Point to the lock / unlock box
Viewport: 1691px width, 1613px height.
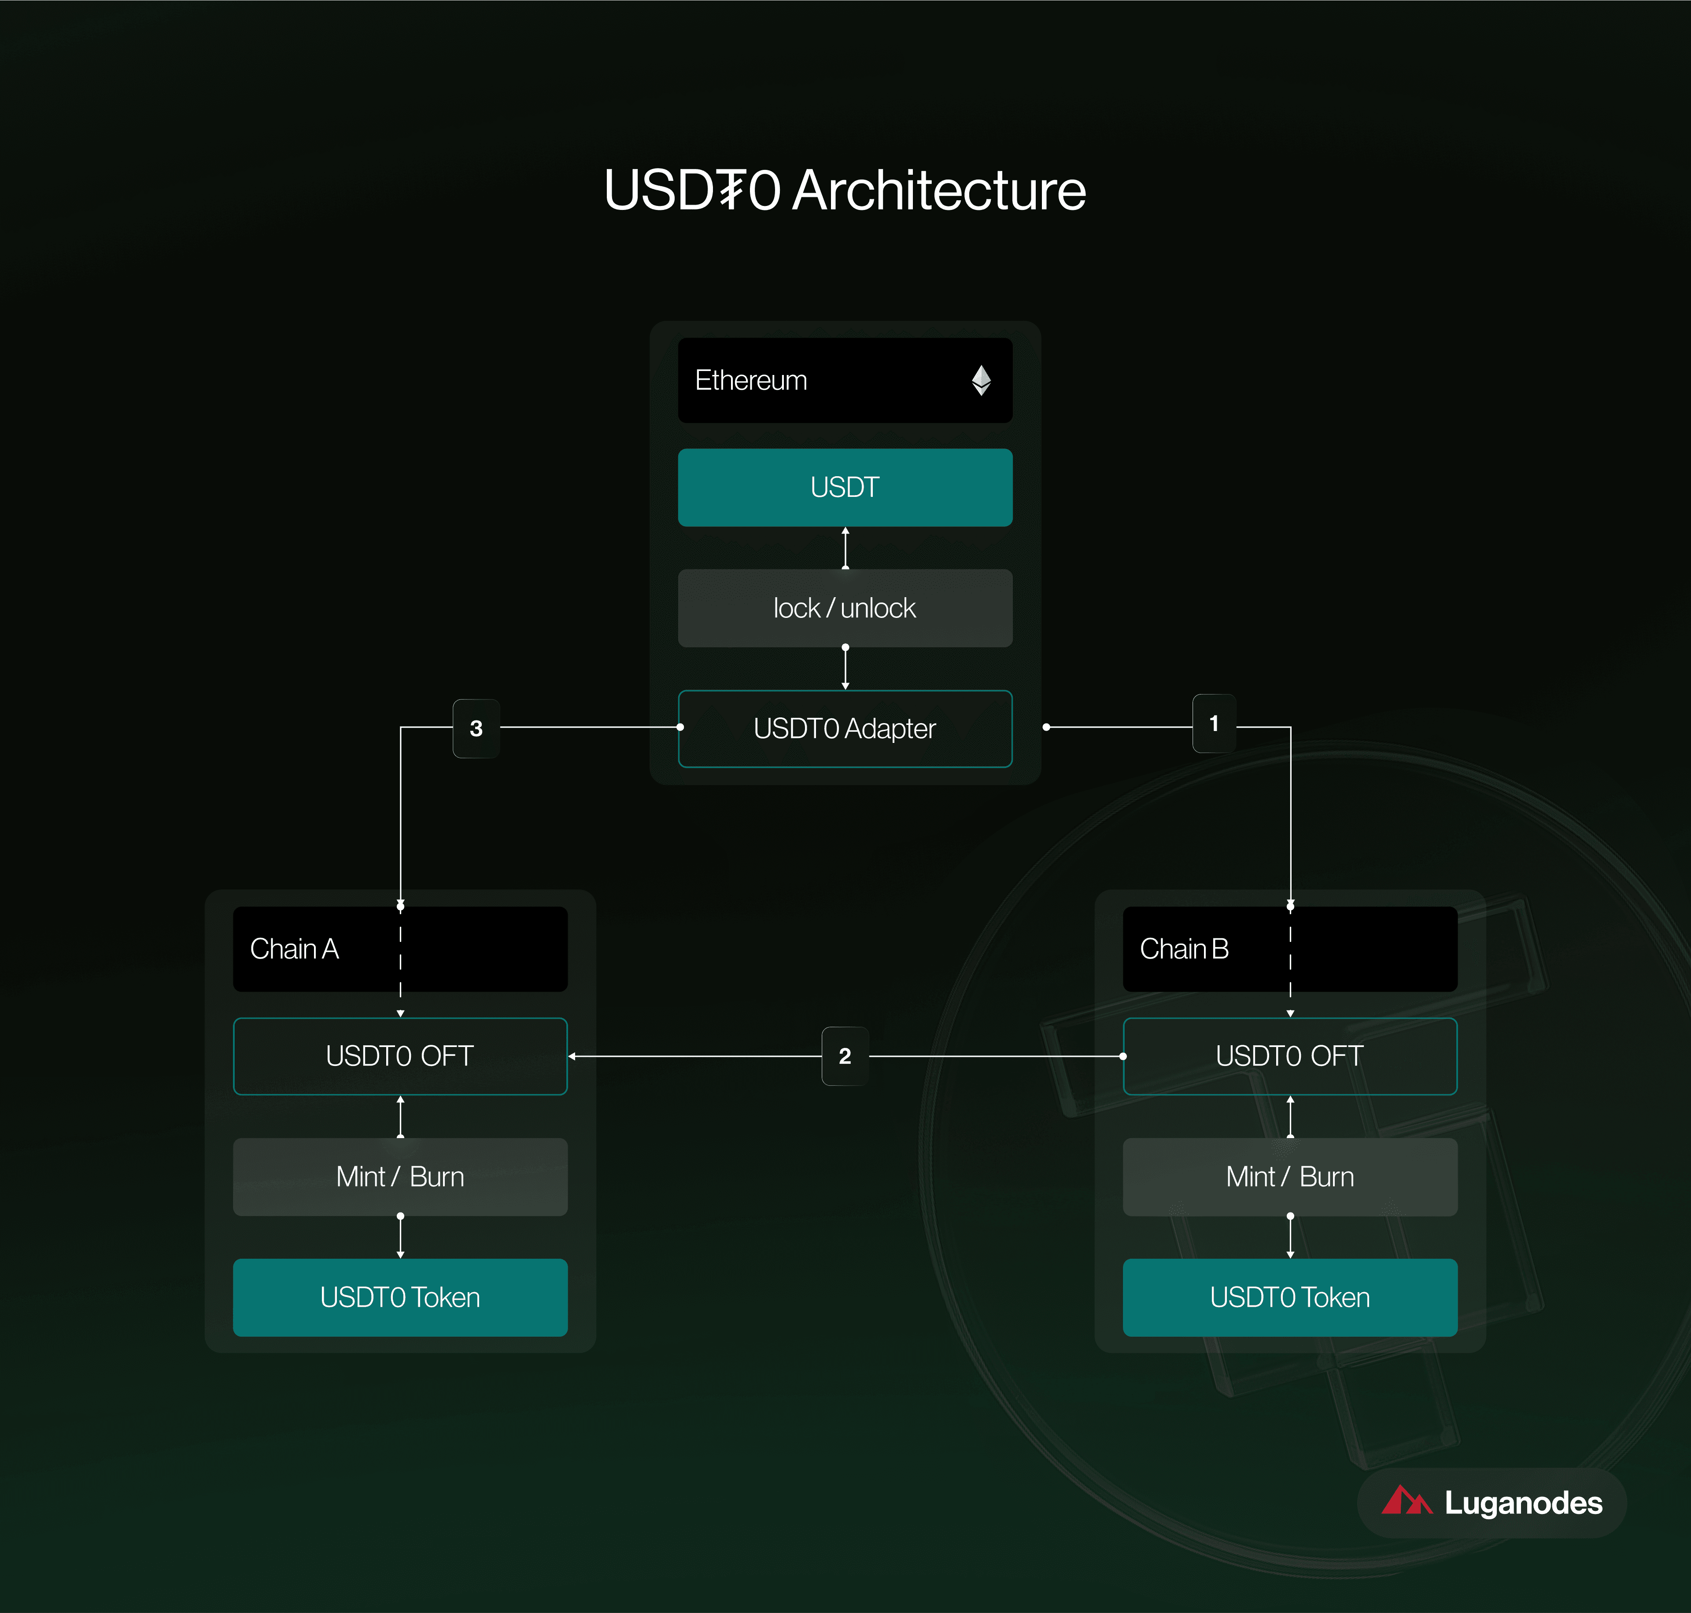click(845, 608)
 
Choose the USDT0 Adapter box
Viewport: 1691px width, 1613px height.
click(845, 728)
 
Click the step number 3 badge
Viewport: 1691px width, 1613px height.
click(476, 728)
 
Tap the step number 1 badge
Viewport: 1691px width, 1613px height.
click(1214, 723)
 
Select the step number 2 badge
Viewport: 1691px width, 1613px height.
click(845, 1056)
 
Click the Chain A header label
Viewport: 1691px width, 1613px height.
click(294, 948)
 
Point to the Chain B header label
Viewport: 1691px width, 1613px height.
click(1184, 948)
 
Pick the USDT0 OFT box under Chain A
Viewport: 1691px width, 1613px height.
click(400, 1056)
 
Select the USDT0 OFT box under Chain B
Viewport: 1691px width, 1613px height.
click(1289, 1056)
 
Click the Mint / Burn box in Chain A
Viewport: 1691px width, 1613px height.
click(400, 1176)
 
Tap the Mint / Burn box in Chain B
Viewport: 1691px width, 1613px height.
click(1289, 1176)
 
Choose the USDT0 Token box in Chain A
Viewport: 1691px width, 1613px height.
click(400, 1297)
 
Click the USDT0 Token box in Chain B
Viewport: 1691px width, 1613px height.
click(1289, 1297)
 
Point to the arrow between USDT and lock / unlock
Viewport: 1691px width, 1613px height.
click(845, 547)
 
